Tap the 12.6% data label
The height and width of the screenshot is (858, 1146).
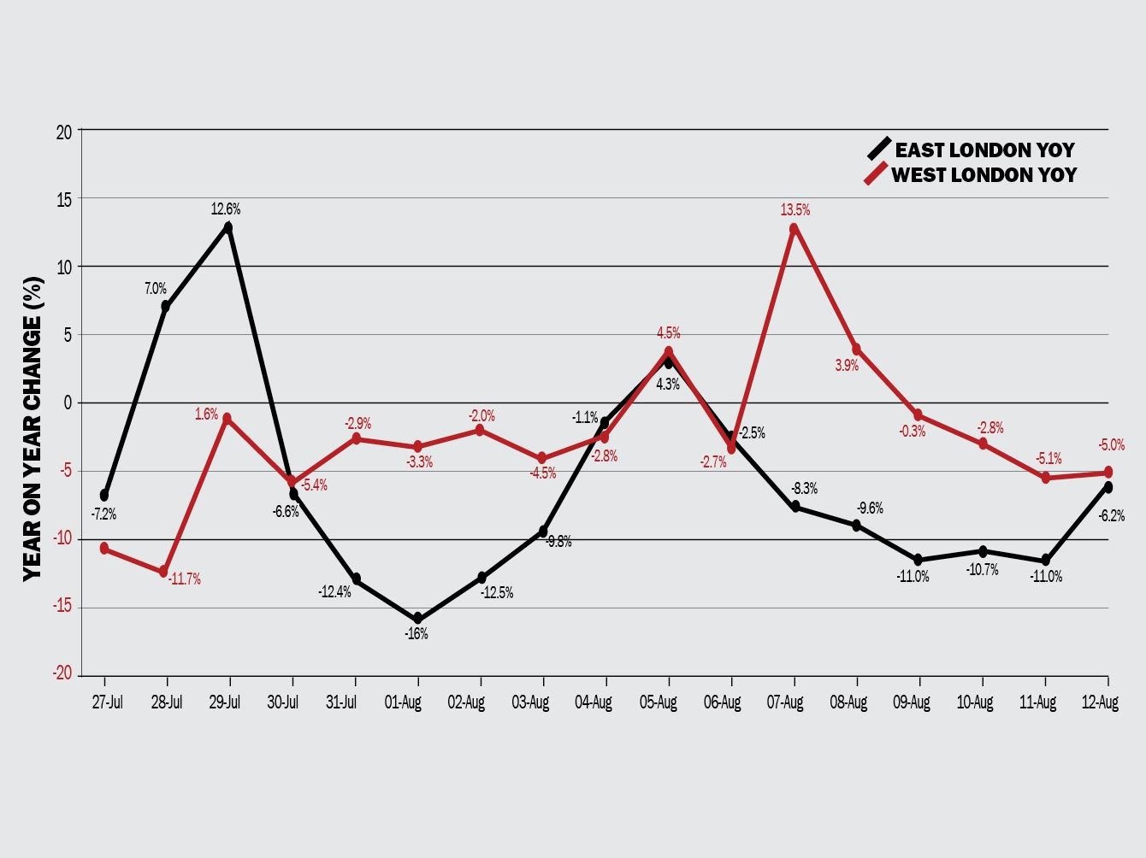226,209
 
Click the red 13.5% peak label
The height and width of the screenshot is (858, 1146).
795,210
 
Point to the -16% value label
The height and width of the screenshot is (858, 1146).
416,634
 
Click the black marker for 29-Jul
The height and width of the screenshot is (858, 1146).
228,227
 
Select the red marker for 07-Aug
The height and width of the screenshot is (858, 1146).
795,228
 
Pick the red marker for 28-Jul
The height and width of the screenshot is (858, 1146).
163,572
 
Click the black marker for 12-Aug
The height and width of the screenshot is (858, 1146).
1108,487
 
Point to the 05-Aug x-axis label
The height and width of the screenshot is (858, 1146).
659,702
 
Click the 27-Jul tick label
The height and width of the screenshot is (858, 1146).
108,702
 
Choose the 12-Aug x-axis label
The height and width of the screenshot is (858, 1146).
1100,702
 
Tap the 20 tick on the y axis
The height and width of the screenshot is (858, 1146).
64,132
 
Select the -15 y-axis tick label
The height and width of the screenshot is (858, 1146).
62,608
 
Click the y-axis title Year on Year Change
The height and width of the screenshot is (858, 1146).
32,427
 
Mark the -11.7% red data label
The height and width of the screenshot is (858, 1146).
185,579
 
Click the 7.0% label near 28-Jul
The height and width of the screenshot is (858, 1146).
156,289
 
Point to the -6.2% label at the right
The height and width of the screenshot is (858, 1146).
1111,516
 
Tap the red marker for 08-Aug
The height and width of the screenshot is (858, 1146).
856,349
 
